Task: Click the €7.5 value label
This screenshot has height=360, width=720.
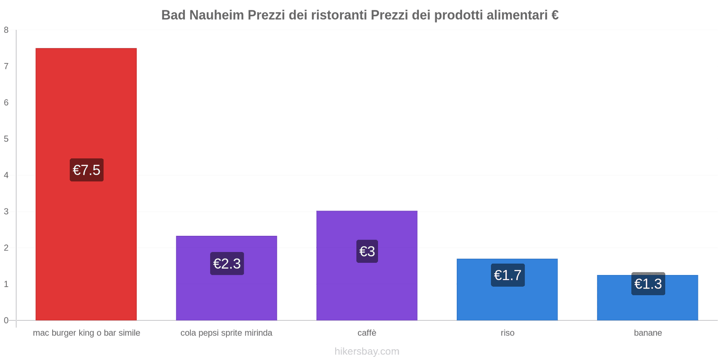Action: (86, 170)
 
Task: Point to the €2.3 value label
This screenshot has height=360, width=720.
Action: (227, 264)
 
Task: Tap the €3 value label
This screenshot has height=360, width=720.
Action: (367, 251)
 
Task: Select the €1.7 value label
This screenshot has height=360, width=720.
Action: (508, 275)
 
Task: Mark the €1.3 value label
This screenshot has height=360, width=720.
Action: (648, 284)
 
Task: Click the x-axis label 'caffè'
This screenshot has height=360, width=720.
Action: (367, 333)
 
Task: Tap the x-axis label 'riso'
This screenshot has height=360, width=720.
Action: (507, 333)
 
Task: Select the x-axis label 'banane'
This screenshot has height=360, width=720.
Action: (648, 333)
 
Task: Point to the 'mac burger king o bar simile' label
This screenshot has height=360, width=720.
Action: (86, 333)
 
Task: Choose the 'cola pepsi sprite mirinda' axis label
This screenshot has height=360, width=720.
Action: (226, 333)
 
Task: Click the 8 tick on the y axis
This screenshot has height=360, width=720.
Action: (6, 30)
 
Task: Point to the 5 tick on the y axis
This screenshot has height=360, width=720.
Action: (6, 139)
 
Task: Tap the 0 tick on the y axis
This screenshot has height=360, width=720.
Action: (6, 320)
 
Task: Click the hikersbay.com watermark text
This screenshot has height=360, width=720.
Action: (367, 351)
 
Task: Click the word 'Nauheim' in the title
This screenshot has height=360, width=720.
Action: (216, 15)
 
